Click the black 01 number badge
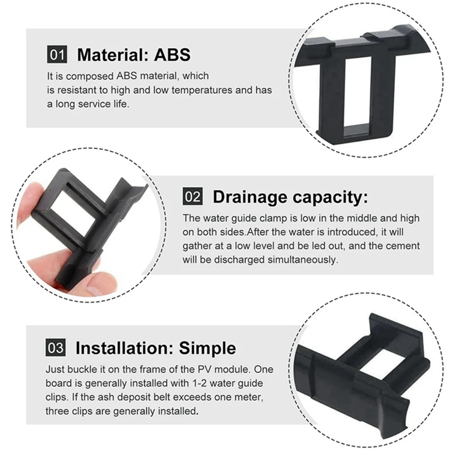[57, 55]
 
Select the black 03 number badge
[57, 347]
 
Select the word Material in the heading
[108, 55]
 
